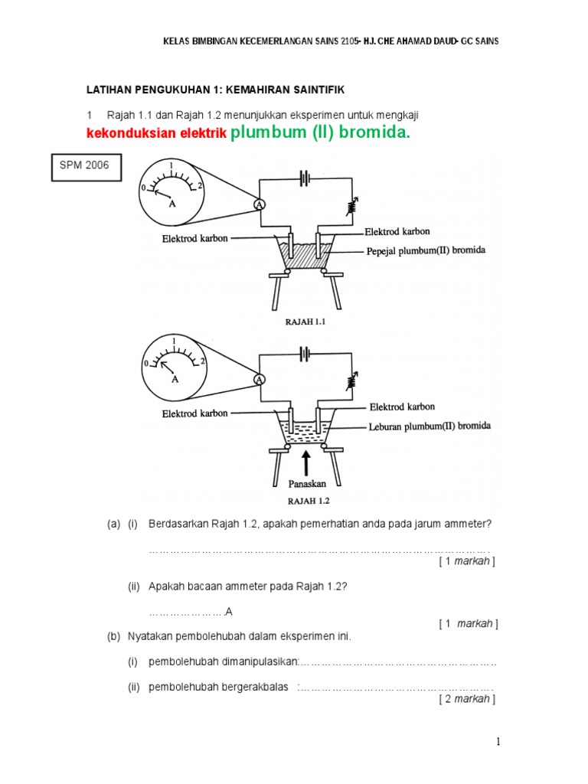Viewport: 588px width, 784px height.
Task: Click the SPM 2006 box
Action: pyautogui.click(x=87, y=165)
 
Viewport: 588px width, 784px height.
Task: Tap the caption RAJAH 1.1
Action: pyautogui.click(x=305, y=322)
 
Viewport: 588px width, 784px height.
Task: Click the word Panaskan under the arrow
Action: pyautogui.click(x=306, y=484)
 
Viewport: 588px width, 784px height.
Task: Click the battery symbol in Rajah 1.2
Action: pyautogui.click(x=305, y=354)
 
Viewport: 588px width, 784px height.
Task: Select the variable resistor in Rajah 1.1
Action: pyautogui.click(x=352, y=206)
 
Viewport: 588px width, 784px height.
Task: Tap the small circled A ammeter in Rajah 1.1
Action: pyautogui.click(x=260, y=205)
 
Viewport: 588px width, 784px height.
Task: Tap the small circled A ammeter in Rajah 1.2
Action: pyautogui.click(x=260, y=380)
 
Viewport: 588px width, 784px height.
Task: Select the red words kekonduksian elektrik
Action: pyautogui.click(x=157, y=134)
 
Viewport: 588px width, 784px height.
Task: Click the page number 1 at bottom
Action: pyautogui.click(x=498, y=741)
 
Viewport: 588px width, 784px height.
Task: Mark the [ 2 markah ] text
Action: pyautogui.click(x=467, y=698)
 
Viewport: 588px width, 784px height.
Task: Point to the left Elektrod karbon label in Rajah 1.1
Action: pyautogui.click(x=194, y=239)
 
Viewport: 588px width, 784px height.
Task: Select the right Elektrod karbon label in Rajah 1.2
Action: pyautogui.click(x=402, y=407)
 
